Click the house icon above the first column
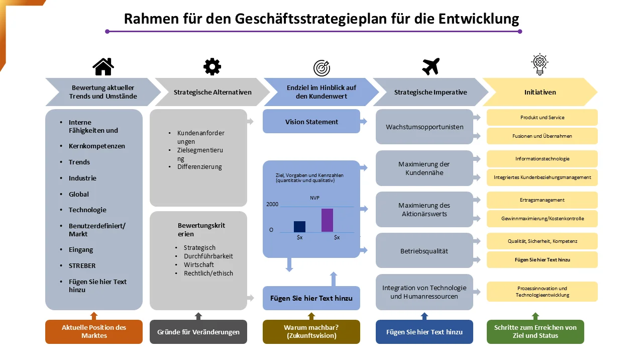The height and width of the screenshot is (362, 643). [103, 67]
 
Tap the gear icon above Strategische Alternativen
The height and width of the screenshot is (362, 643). [212, 67]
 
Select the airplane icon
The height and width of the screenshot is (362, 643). [431, 66]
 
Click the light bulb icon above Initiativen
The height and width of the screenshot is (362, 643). [540, 64]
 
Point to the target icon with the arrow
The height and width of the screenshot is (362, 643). [321, 68]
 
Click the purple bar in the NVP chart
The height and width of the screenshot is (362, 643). [327, 220]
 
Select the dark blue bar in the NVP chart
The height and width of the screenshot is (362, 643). [300, 226]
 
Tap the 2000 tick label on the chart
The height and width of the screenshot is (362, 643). [272, 204]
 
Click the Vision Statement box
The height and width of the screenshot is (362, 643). [311, 121]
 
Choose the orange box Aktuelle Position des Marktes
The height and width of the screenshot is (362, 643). [94, 331]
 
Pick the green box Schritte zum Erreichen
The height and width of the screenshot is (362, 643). [535, 331]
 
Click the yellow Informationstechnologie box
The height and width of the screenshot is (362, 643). [542, 158]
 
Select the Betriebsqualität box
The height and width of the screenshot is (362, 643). [424, 250]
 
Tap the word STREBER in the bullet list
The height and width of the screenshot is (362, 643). [82, 266]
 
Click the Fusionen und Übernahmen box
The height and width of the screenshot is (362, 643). [542, 136]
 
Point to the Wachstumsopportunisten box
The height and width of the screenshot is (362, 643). [424, 127]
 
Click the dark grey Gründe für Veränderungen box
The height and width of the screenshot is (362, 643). [198, 331]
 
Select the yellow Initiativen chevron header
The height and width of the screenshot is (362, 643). [540, 92]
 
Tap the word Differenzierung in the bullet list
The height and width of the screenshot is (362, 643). [199, 167]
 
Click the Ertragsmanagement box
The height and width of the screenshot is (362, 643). [542, 200]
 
